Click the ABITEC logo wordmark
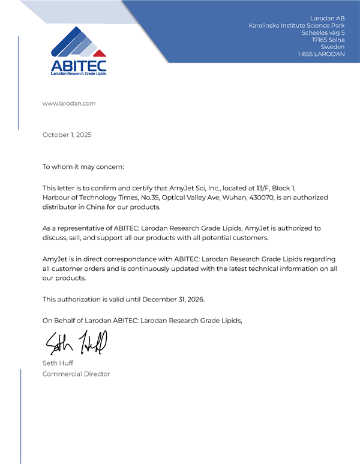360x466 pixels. pyautogui.click(x=79, y=65)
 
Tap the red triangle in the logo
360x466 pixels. pyautogui.click(x=100, y=52)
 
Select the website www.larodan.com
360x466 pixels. pyautogui.click(x=69, y=103)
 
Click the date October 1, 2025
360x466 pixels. pyautogui.click(x=67, y=135)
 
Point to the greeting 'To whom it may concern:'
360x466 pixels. pyautogui.click(x=83, y=166)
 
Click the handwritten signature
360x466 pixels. pyautogui.click(x=76, y=343)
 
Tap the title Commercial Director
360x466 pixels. pyautogui.click(x=76, y=374)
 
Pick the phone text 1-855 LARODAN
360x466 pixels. pyautogui.click(x=321, y=54)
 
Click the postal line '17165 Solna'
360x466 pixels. pyautogui.click(x=328, y=40)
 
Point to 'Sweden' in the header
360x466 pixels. pyautogui.click(x=333, y=47)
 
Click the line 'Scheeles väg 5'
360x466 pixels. pyautogui.click(x=323, y=32)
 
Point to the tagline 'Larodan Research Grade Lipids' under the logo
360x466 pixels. pyautogui.click(x=79, y=73)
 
